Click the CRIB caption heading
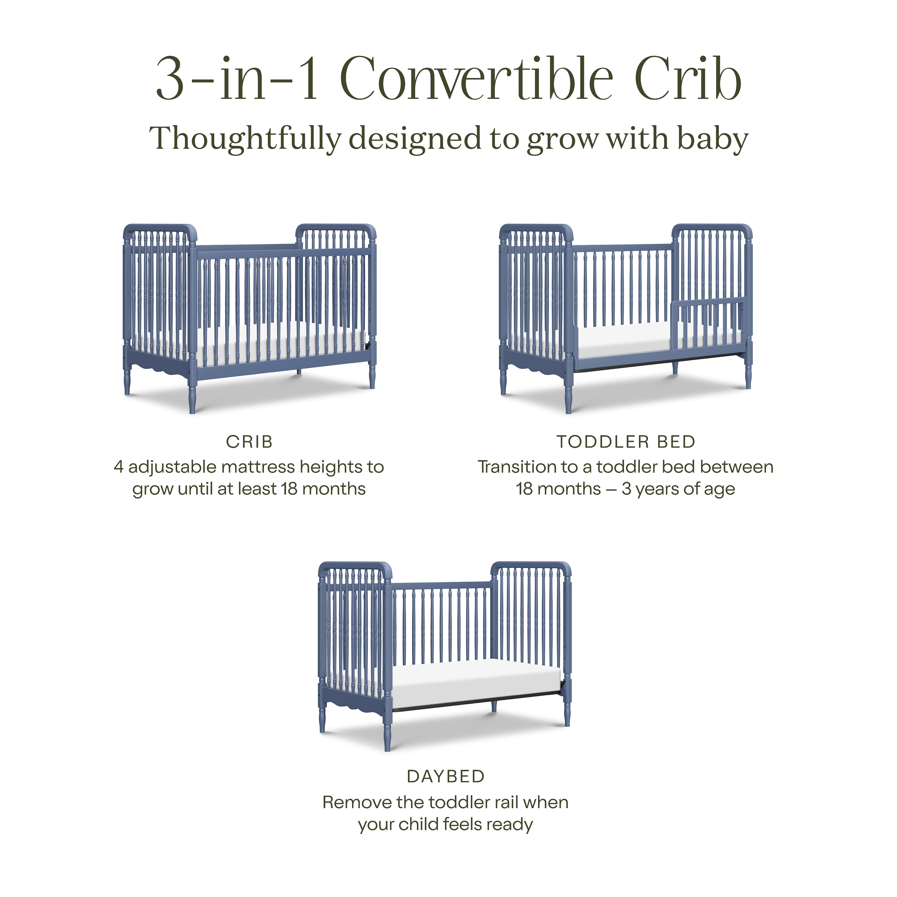249,442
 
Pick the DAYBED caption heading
446,776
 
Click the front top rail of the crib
283,252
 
